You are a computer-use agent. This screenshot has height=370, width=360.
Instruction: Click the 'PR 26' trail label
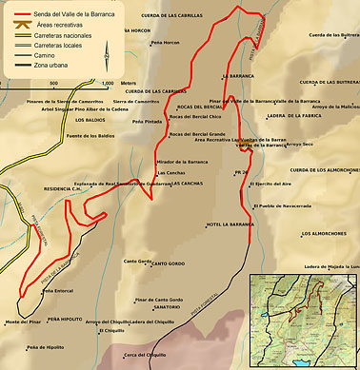pos(241,172)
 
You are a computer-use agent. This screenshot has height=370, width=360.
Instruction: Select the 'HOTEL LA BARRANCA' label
pos(229,224)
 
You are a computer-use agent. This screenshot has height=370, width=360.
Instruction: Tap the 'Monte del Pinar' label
pos(24,322)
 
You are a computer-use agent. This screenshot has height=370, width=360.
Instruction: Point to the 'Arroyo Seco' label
pos(299,145)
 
